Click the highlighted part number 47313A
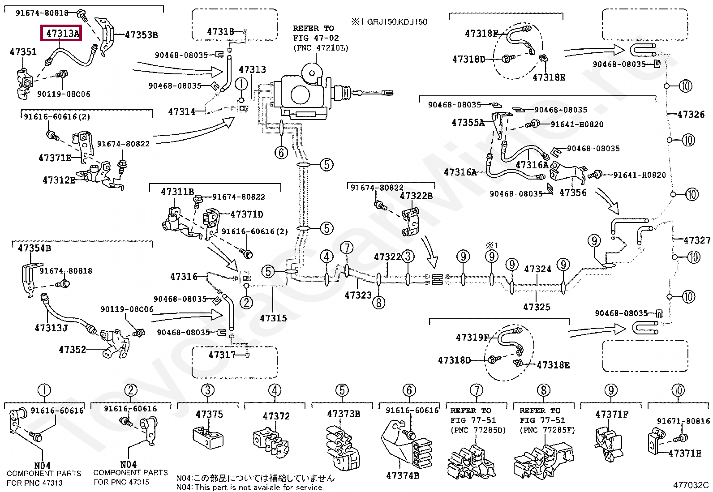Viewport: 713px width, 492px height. point(63,33)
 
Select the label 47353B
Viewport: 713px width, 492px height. point(142,34)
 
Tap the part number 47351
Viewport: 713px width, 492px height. point(23,51)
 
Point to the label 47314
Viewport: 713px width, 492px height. point(182,112)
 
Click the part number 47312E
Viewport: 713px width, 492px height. point(59,180)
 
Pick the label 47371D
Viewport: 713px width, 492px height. point(247,214)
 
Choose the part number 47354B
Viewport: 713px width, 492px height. point(34,248)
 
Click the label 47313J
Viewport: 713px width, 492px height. point(51,327)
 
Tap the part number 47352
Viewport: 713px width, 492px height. point(72,350)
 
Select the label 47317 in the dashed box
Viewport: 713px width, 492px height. point(222,355)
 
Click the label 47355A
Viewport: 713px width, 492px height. point(468,123)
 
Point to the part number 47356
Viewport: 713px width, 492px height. point(573,193)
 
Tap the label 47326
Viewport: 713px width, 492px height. point(691,114)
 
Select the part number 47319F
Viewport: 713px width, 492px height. point(472,338)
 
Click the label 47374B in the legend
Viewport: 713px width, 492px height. point(403,475)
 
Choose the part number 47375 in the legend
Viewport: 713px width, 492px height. point(210,414)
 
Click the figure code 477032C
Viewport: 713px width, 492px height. point(691,485)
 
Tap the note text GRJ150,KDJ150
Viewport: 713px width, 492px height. point(397,21)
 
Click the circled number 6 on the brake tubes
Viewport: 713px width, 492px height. point(281,153)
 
